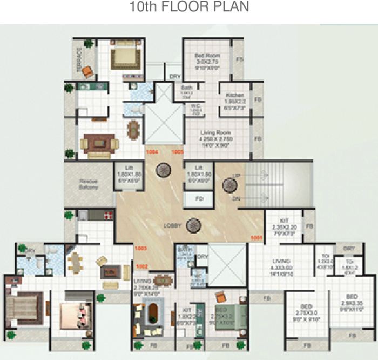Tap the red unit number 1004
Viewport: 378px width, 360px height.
coord(152,152)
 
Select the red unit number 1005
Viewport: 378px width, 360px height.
coord(178,152)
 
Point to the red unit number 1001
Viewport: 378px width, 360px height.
coord(256,237)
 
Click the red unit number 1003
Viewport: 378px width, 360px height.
coord(141,248)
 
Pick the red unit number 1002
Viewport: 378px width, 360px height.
coord(142,266)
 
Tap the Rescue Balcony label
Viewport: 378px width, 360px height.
coord(89,184)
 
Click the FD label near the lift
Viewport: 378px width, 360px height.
coord(198,199)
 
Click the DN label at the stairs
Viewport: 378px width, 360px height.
coord(235,199)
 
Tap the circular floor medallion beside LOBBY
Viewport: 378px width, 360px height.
coord(193,224)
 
